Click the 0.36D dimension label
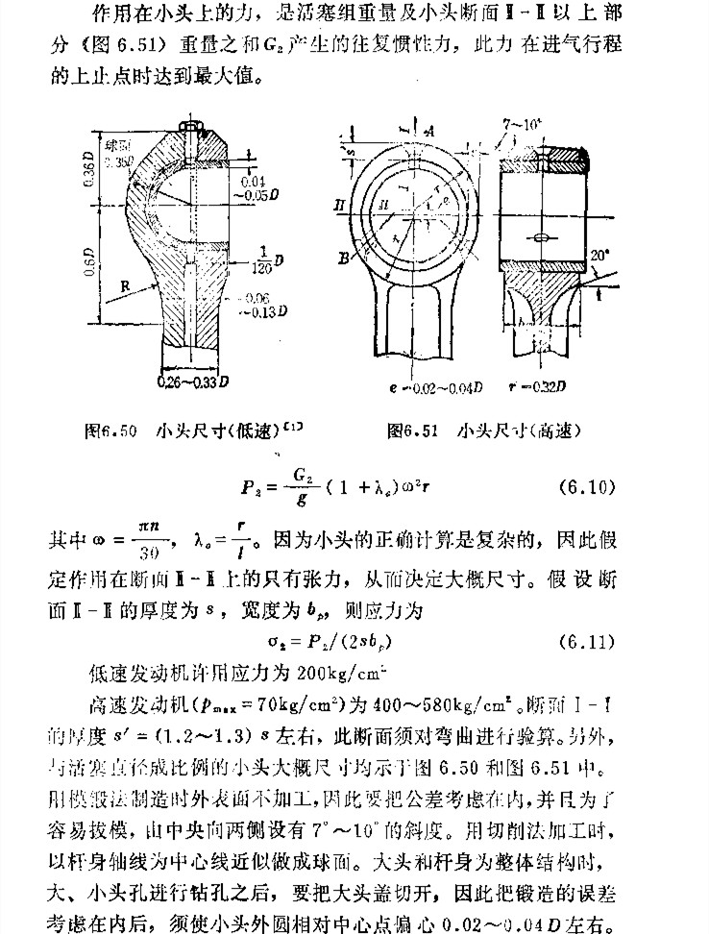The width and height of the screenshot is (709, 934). (x=87, y=170)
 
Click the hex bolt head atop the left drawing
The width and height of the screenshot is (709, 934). (x=190, y=125)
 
